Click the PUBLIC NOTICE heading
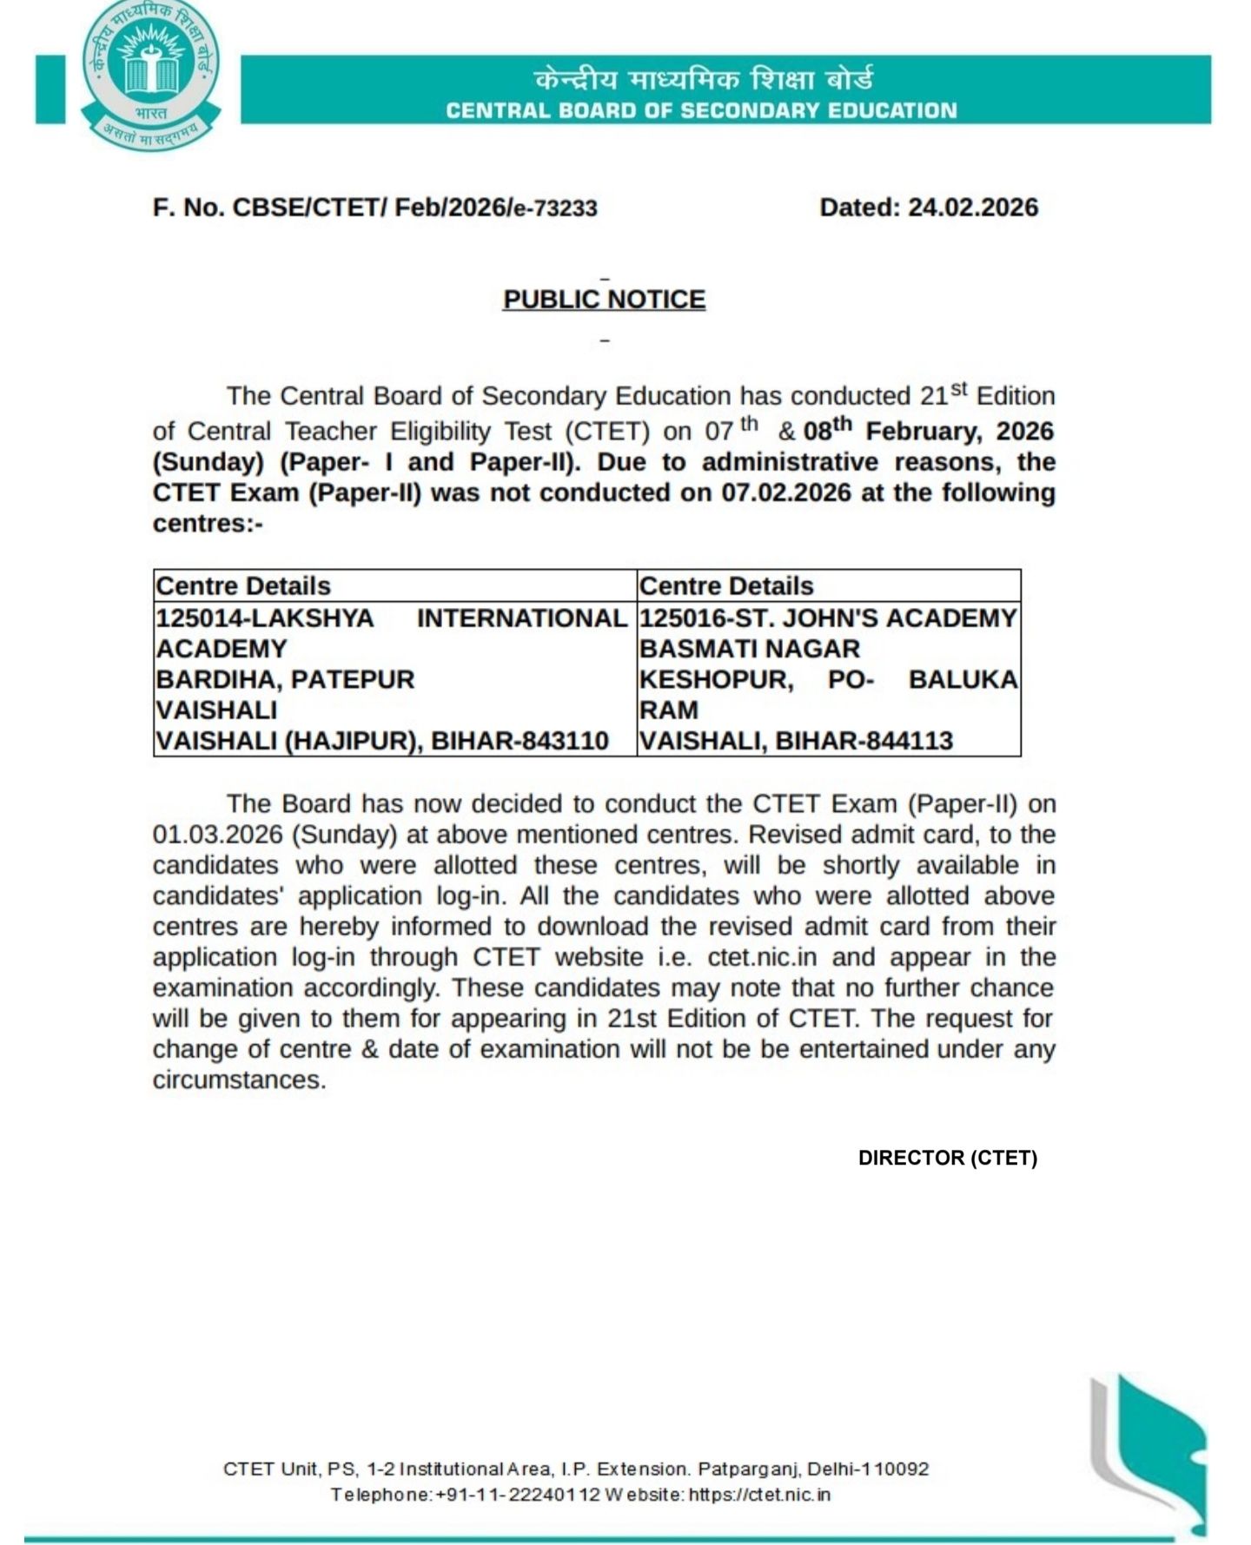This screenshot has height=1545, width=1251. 604,299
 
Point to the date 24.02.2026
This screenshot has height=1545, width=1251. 973,208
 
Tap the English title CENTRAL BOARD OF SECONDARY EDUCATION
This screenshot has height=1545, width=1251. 701,110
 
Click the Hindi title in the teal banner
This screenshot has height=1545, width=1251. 703,79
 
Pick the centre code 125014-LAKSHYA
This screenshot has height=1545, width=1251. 265,618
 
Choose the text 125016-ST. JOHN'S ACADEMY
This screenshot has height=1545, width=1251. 827,618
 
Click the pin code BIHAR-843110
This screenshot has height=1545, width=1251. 520,741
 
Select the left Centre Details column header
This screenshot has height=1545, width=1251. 243,586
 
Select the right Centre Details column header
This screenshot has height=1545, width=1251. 726,586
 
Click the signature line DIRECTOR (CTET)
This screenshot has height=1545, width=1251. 947,1158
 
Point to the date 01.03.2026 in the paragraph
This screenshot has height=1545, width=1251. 217,835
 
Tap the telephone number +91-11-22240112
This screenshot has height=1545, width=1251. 518,1495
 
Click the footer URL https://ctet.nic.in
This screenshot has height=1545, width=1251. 759,1495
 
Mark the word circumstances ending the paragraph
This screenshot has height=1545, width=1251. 239,1080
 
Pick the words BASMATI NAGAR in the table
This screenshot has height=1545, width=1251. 749,649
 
